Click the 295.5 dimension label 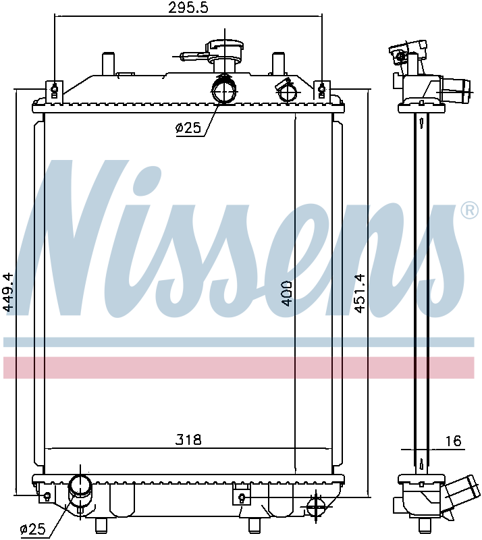click(188, 7)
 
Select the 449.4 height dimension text click(8, 292)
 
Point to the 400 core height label click(287, 294)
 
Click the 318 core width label click(188, 440)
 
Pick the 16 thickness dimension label click(453, 441)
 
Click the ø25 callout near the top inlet click(188, 128)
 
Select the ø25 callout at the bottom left click(33, 529)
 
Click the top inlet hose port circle click(224, 89)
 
